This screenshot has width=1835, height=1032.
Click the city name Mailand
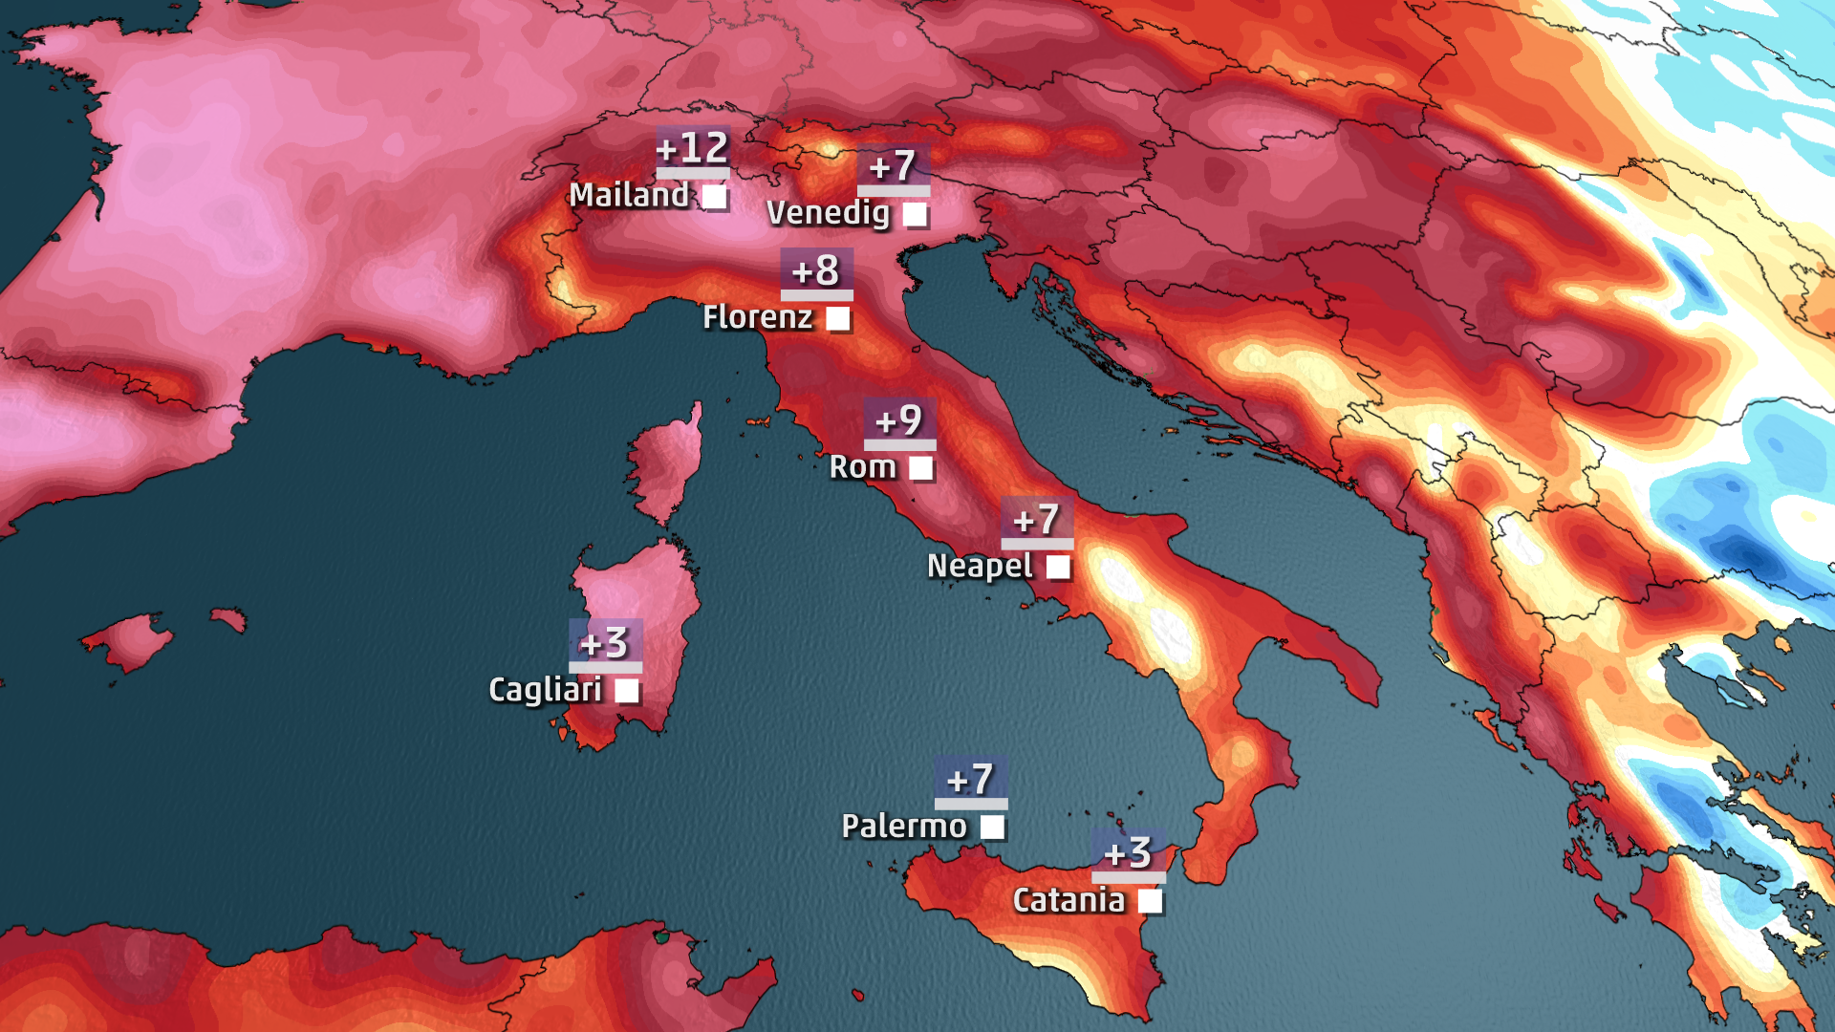point(628,195)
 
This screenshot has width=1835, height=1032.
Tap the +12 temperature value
point(693,148)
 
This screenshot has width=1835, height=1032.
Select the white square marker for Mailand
point(714,197)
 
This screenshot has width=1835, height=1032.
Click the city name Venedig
point(828,212)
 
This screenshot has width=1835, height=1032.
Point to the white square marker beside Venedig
point(915,214)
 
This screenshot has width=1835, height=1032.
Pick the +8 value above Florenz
point(816,270)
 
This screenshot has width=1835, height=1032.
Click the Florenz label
point(757,317)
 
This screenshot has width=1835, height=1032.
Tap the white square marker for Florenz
point(838,318)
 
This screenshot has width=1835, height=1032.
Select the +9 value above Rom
point(899,420)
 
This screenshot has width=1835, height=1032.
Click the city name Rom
point(862,467)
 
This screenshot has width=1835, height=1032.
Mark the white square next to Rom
point(920,468)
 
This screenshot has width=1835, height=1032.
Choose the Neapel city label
point(980,566)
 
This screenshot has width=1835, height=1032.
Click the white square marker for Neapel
point(1058,567)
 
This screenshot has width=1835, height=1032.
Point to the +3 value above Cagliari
point(605,643)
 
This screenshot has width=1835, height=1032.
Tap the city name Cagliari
point(545,690)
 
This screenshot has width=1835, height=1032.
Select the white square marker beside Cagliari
point(627,690)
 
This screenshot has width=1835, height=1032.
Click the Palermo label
point(904,826)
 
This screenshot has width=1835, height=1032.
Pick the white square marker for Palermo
point(993,827)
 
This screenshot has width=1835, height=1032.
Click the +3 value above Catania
point(1128,852)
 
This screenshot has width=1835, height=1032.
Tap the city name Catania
point(1069,900)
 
